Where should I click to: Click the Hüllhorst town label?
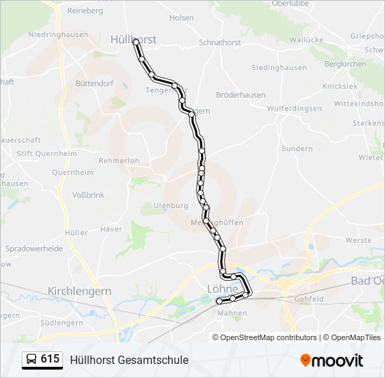click(x=133, y=40)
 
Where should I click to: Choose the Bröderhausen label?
click(x=239, y=94)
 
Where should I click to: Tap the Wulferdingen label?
click(x=294, y=108)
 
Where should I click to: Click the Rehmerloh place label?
click(x=119, y=160)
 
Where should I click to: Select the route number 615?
click(x=50, y=359)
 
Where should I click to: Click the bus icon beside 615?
click(x=32, y=360)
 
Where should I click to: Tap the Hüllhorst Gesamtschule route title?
click(x=129, y=360)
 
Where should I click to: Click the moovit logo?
click(x=332, y=360)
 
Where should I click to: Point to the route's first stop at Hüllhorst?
click(x=136, y=42)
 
